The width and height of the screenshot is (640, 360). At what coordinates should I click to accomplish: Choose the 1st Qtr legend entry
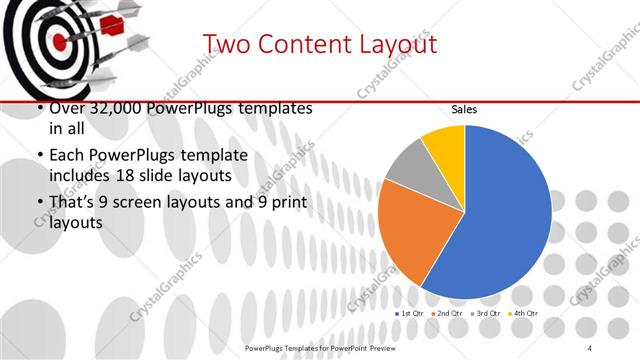coord(410,314)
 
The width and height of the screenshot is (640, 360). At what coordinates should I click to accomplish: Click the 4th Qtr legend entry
coord(526,314)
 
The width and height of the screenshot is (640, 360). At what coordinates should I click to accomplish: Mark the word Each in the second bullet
coord(66,157)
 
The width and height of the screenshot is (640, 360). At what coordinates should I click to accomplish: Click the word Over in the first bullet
coord(66,108)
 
